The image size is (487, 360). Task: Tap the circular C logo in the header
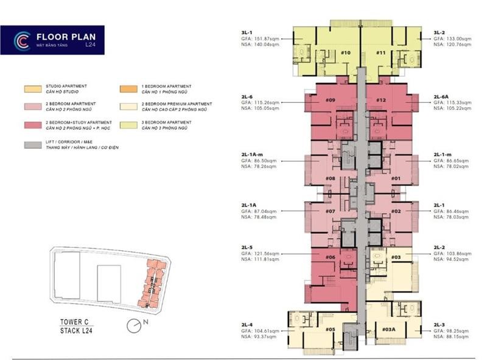point(21,40)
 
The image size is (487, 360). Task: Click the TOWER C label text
point(76,323)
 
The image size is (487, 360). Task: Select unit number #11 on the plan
point(380,53)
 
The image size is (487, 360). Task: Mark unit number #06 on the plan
point(331,257)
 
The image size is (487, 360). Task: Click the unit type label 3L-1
point(248,32)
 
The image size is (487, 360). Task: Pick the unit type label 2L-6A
point(442,97)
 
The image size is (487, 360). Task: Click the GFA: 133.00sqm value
point(451,38)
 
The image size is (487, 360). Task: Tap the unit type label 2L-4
point(247,324)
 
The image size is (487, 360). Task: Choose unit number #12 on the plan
point(381,100)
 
